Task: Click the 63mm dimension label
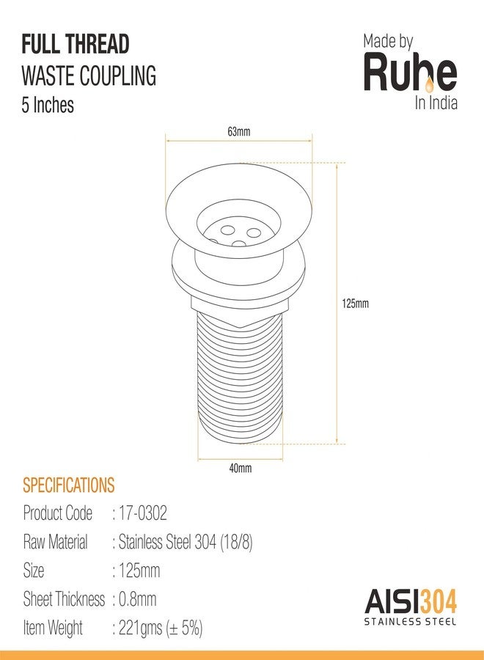tap(238, 132)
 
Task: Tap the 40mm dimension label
tap(241, 468)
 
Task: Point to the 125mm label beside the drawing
tap(355, 304)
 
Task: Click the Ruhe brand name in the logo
tap(410, 73)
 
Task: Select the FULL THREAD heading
tap(76, 45)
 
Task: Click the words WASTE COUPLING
tap(89, 76)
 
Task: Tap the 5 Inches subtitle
tap(48, 105)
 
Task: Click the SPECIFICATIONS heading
tap(69, 485)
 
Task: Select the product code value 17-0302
tap(143, 513)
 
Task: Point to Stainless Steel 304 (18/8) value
tap(186, 542)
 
